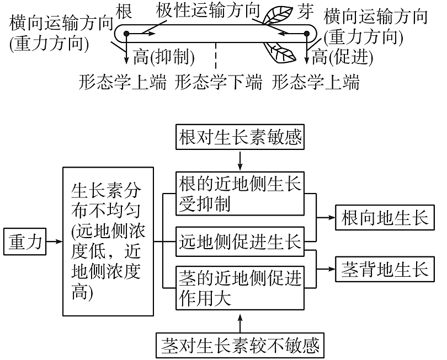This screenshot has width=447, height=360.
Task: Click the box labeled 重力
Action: click(x=26, y=242)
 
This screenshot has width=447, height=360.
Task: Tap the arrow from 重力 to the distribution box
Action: click(x=54, y=241)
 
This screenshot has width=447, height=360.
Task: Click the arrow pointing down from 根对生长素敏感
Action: click(x=240, y=160)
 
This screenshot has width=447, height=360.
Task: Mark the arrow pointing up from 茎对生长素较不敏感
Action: click(x=240, y=321)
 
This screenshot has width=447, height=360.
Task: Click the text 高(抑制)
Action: click(x=163, y=56)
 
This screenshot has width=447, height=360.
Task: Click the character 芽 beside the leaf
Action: click(x=305, y=12)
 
